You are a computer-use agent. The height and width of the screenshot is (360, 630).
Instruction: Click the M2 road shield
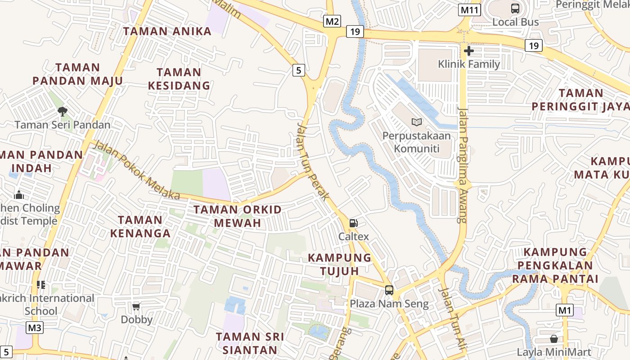click(x=333, y=21)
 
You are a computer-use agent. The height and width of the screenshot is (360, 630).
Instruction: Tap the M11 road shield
click(x=468, y=9)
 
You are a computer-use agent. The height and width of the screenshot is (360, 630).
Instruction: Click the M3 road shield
click(x=35, y=327)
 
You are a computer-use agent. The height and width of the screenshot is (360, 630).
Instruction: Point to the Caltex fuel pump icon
click(x=354, y=223)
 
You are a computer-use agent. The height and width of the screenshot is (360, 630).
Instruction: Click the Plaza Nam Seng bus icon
click(x=389, y=290)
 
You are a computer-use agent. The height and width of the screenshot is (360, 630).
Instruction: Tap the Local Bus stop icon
click(x=515, y=9)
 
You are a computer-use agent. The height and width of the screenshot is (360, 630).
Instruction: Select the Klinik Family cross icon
click(x=469, y=51)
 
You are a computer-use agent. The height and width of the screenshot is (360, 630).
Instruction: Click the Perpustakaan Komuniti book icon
click(x=417, y=122)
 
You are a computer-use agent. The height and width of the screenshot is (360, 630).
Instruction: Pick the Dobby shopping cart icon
click(x=136, y=307)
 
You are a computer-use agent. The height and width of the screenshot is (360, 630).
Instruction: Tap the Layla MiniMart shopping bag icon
click(x=553, y=339)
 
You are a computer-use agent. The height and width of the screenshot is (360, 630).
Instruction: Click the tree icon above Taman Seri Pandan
click(x=63, y=111)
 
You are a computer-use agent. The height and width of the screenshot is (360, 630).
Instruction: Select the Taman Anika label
click(x=167, y=31)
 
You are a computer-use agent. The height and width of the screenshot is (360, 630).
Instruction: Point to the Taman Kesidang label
click(x=179, y=79)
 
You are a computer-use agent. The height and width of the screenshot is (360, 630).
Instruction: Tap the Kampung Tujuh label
click(x=340, y=264)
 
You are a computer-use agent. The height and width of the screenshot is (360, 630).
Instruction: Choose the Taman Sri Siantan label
click(x=250, y=343)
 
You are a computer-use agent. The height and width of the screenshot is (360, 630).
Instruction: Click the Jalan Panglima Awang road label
click(x=462, y=165)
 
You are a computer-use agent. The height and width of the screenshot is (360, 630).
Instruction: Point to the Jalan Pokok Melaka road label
click(x=138, y=171)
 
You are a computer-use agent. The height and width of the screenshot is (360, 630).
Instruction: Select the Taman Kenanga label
click(x=140, y=226)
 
